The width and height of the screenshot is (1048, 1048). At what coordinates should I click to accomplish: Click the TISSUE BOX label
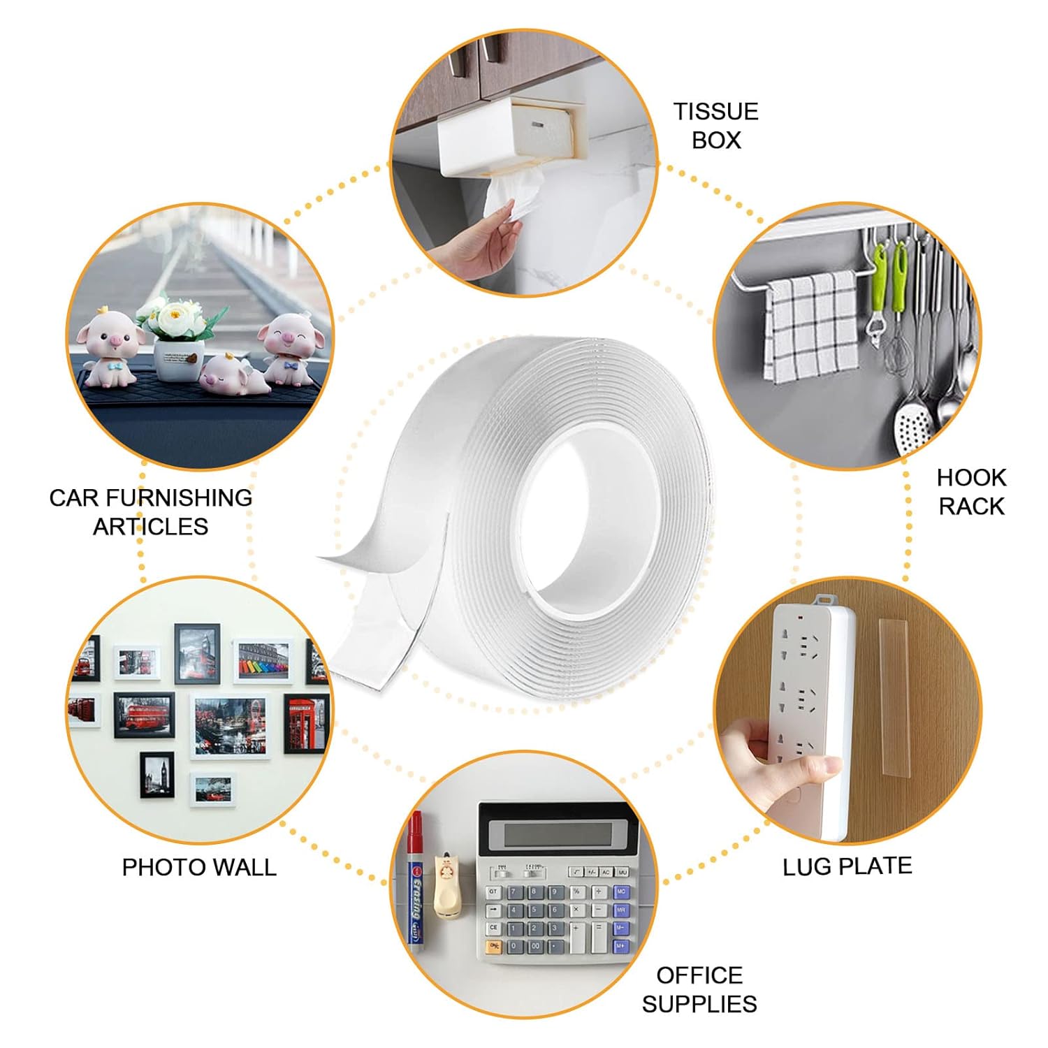(x=715, y=126)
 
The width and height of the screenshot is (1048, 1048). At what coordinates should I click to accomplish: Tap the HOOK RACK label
(x=970, y=492)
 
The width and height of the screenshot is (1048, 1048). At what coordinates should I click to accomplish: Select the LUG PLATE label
(x=847, y=866)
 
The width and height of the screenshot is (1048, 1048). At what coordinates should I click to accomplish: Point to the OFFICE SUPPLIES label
(x=699, y=989)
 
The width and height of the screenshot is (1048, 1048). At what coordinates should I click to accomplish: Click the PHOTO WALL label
(x=199, y=867)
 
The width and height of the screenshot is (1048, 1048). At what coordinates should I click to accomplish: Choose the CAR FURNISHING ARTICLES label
(x=150, y=511)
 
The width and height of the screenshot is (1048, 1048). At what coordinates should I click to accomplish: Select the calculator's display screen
(x=552, y=833)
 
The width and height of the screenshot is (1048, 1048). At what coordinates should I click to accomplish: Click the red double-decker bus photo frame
(x=143, y=715)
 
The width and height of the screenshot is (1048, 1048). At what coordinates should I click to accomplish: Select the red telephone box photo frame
(x=306, y=723)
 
